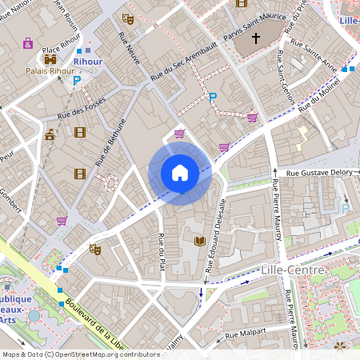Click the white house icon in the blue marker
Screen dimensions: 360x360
click(180, 172)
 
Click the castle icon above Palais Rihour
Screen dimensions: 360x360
click(51, 58)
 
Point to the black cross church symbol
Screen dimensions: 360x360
click(257, 38)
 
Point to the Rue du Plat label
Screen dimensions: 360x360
click(162, 251)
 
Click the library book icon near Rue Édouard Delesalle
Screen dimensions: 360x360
click(199, 240)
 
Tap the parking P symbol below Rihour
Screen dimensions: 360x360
click(78, 80)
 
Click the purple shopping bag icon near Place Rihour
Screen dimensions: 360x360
click(28, 43)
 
